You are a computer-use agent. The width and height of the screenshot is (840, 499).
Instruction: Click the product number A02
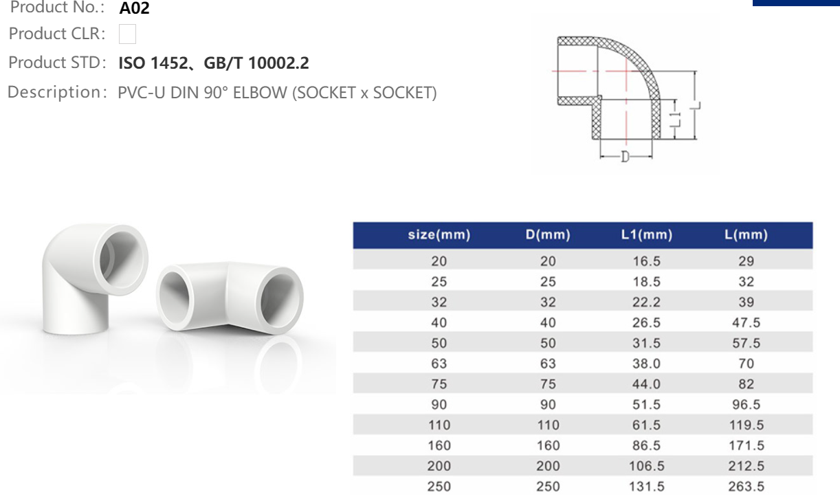[x=134, y=9]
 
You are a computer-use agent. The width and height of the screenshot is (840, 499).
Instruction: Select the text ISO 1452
[x=153, y=63]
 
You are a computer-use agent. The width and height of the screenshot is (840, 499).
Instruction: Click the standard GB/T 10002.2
[x=256, y=63]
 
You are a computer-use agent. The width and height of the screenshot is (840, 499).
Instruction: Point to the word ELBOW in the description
[x=260, y=93]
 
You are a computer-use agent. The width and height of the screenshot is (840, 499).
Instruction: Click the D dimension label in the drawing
[x=625, y=157]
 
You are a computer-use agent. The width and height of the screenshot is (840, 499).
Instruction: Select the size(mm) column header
[x=439, y=235]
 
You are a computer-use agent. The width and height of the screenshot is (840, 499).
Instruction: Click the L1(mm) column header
[x=646, y=235]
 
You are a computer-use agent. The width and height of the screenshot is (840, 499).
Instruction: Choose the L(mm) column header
[x=746, y=235]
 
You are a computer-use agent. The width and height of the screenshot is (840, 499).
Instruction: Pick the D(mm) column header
[x=548, y=235]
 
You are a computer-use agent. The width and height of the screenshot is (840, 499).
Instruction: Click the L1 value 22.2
[x=646, y=302]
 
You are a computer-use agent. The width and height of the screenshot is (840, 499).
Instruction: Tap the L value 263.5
[x=746, y=487]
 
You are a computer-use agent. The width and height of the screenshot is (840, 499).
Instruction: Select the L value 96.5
[x=746, y=405]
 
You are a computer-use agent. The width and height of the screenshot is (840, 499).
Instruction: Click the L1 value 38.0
[x=646, y=364]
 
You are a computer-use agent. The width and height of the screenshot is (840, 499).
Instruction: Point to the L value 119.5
[x=746, y=425]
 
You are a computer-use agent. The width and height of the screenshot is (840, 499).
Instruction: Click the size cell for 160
[x=439, y=446]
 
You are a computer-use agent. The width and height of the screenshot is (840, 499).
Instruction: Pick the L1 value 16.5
[x=646, y=261]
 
